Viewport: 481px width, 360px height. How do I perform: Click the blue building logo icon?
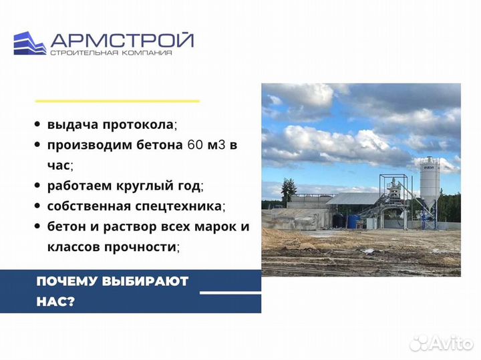click(x=29, y=43)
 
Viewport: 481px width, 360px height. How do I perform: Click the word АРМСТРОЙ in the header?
click(x=123, y=40)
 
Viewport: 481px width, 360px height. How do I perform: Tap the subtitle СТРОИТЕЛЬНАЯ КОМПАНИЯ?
click(x=110, y=53)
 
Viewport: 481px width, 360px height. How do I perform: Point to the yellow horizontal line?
click(x=117, y=101)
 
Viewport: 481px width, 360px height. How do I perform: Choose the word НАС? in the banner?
click(x=56, y=301)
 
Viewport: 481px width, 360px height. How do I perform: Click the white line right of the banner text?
click(x=230, y=293)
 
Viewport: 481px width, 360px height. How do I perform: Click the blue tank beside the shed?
click(x=341, y=220)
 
